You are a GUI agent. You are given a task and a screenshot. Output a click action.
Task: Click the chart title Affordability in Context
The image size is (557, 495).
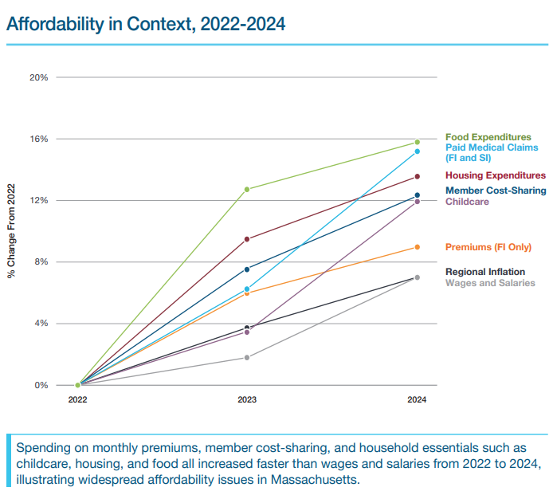pos(145,24)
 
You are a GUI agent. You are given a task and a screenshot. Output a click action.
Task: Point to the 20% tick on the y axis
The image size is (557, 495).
pos(39,77)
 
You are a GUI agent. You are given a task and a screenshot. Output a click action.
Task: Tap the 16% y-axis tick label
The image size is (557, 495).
pos(39,139)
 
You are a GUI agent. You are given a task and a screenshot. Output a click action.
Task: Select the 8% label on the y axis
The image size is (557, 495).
pos(41,261)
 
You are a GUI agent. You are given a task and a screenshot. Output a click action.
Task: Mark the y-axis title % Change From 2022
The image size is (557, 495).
pos(12,232)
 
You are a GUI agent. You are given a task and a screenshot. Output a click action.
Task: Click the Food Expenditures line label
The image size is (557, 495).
pos(488,137)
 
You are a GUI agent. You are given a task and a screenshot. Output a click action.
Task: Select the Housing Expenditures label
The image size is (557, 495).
pos(495,175)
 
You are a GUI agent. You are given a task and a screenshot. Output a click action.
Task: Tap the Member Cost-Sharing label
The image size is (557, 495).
pos(496,191)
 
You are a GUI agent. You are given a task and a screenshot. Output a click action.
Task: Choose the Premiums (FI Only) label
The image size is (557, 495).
pos(488,247)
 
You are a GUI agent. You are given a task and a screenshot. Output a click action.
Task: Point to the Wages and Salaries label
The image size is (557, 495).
pos(490,283)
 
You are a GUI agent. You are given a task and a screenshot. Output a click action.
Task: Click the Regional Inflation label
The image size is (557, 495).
pos(484,272)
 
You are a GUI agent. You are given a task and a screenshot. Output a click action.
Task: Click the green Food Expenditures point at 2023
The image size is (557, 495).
pos(247,189)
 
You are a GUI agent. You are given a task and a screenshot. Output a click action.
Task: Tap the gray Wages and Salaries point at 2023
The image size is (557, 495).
pos(247,357)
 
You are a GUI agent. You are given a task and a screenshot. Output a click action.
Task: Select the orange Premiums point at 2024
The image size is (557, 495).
pos(417,247)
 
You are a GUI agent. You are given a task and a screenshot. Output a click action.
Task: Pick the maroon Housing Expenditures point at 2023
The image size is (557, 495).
pos(247,239)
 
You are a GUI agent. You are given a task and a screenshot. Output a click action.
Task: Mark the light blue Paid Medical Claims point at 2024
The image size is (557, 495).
pos(417,151)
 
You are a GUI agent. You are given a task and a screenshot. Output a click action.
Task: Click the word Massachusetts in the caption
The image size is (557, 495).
pos(315,481)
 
